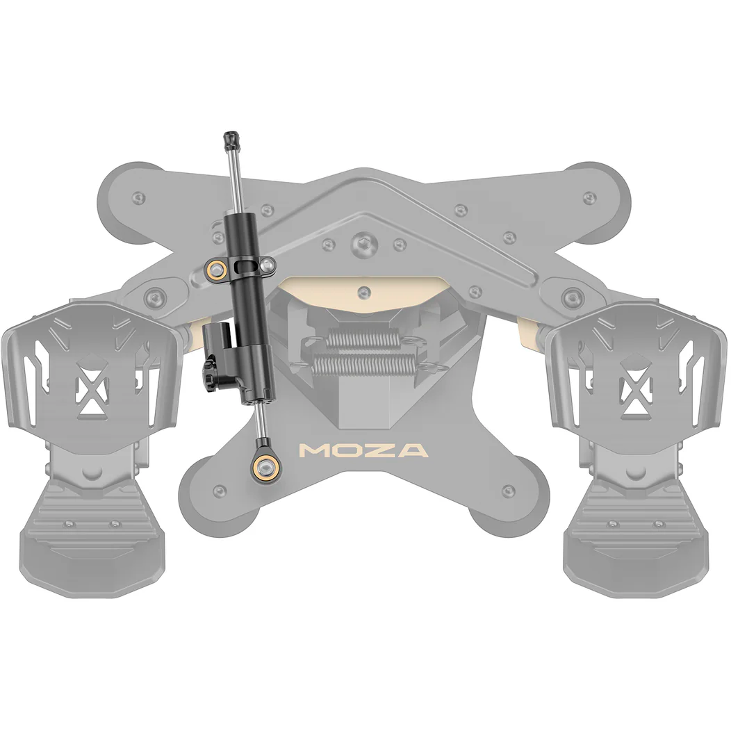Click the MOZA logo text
point(363,450)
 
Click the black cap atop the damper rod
point(231,140)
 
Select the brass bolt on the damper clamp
point(215,269)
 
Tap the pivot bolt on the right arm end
point(572,297)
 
